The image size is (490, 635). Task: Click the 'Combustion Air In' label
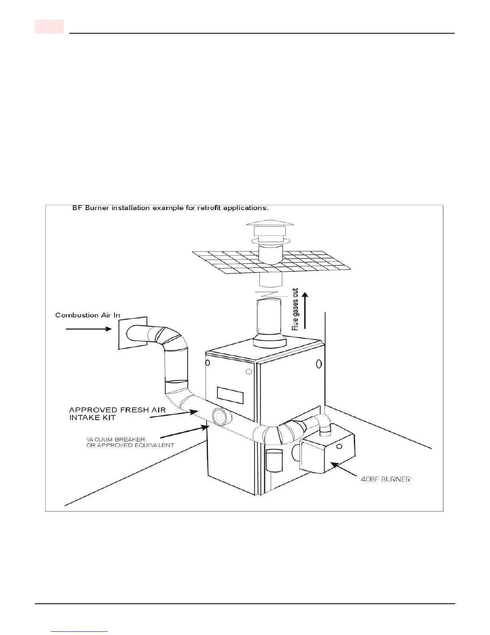88,315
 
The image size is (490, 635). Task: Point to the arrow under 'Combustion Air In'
88,329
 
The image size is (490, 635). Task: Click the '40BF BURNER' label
386,479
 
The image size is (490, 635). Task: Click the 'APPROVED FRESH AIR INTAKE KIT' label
117,414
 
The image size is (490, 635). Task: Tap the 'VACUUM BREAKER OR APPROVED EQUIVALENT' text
130,442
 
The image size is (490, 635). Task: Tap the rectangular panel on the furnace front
230,395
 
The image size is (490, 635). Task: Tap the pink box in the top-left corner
49,26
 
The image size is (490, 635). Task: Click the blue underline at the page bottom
80,631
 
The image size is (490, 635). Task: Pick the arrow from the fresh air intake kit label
174,415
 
